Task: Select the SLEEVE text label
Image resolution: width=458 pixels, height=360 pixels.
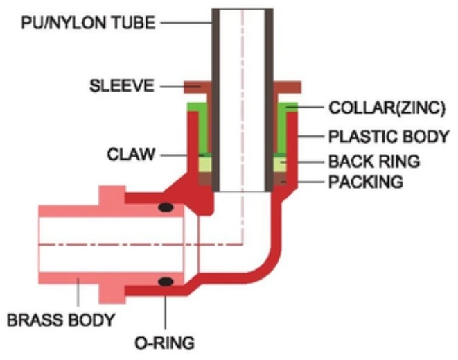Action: coord(121,87)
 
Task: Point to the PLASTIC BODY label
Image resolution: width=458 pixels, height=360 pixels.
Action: coord(387,136)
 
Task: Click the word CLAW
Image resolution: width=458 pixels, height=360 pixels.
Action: coord(132,153)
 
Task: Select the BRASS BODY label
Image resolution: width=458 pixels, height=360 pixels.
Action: coord(60,320)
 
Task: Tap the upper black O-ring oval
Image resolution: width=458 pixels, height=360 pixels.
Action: coord(166,207)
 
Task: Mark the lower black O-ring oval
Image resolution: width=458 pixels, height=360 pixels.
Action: coord(166,282)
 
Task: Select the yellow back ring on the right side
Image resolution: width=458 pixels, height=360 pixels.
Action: coord(279,164)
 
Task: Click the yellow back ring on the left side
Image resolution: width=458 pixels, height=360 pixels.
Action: coord(205,164)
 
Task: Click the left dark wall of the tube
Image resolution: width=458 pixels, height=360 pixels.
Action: coord(215,97)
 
